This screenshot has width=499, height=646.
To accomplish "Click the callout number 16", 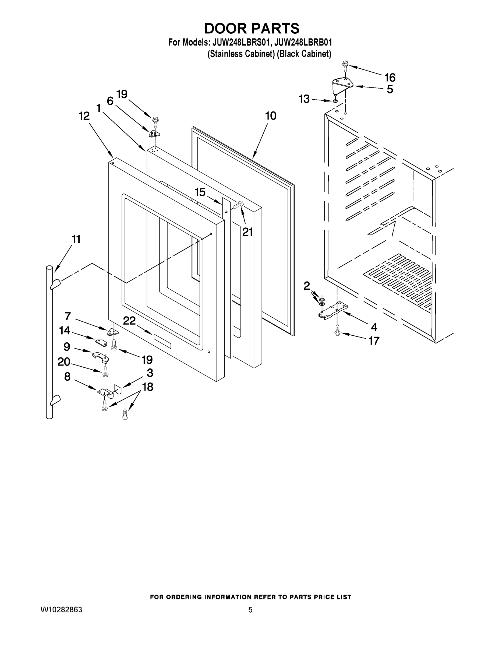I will (390, 78).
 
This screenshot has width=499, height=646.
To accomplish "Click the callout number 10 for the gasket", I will (271, 116).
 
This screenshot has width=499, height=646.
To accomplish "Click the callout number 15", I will (200, 192).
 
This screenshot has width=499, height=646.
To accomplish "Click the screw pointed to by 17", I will (337, 331).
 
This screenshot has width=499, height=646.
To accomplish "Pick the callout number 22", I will (129, 321).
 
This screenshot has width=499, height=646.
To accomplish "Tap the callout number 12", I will (84, 116).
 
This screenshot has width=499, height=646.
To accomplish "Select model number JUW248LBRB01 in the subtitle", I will (303, 42).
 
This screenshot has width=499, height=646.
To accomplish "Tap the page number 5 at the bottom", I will (250, 610).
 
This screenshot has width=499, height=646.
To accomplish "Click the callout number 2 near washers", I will (307, 286).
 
